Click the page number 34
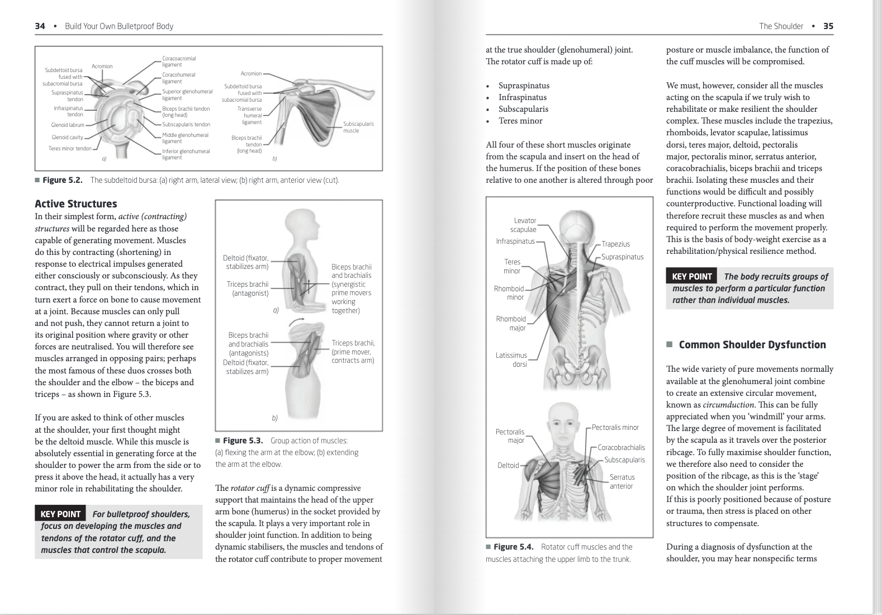click(40, 26)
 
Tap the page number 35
click(828, 26)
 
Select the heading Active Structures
click(76, 204)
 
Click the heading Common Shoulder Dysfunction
click(752, 345)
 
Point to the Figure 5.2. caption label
click(62, 180)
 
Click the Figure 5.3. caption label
click(243, 441)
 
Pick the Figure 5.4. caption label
click(513, 547)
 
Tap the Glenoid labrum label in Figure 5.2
click(68, 125)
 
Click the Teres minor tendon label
click(70, 149)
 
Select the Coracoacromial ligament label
click(179, 61)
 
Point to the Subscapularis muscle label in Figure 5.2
click(358, 127)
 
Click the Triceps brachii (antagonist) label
click(248, 288)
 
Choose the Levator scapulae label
click(524, 225)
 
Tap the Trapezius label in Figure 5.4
click(615, 244)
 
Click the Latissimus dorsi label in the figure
click(511, 359)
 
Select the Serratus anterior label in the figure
click(622, 481)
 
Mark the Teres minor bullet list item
click(520, 121)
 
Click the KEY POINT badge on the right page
click(691, 276)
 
